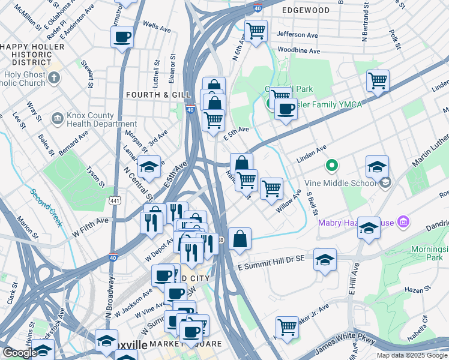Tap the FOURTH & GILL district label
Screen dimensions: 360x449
(151, 95)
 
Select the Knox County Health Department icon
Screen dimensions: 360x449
(58, 117)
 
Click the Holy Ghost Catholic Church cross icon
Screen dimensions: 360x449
(54, 77)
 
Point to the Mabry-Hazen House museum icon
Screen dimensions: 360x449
(403, 223)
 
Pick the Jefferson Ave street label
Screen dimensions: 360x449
(297, 35)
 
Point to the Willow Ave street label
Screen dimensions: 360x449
(288, 203)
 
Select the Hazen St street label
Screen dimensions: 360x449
(415, 289)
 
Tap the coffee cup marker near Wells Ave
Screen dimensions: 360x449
(122, 37)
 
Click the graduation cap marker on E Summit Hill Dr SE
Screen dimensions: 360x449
(325, 259)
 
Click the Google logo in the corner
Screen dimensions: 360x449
(20, 353)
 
